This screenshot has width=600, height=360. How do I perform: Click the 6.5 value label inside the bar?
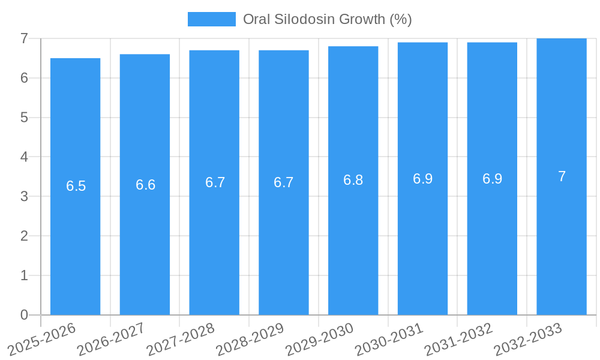click(x=76, y=186)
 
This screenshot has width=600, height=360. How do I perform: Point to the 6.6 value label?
click(x=146, y=185)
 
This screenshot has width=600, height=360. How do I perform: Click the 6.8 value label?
click(x=353, y=180)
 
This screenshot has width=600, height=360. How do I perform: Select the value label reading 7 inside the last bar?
click(x=562, y=176)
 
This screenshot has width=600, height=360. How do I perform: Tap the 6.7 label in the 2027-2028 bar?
click(x=215, y=182)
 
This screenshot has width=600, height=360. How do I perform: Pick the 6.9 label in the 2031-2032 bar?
click(x=493, y=179)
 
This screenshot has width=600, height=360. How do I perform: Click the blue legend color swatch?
click(x=211, y=19)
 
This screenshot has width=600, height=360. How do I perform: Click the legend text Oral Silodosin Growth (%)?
click(x=327, y=19)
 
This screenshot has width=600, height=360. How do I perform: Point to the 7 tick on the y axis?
click(x=24, y=38)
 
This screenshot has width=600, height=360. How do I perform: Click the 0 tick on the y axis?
click(x=24, y=315)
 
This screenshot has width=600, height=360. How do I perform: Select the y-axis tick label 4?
click(x=24, y=157)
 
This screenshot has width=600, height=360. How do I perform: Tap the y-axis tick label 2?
click(x=24, y=236)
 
